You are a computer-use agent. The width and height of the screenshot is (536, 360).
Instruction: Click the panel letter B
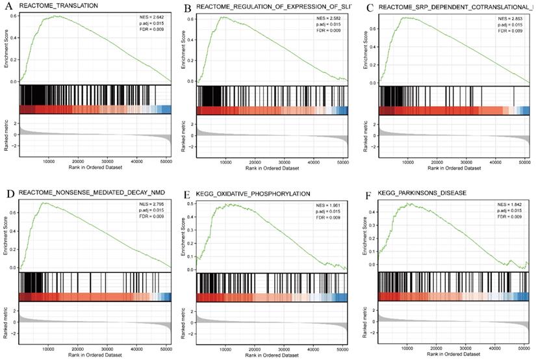click(x=188, y=8)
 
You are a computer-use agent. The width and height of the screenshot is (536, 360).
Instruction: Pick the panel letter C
click(x=370, y=8)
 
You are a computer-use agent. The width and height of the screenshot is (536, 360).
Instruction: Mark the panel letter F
click(x=370, y=194)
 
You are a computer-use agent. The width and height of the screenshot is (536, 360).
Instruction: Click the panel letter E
click(x=188, y=194)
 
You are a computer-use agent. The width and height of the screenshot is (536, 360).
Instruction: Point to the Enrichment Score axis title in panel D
click(x=6, y=237)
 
